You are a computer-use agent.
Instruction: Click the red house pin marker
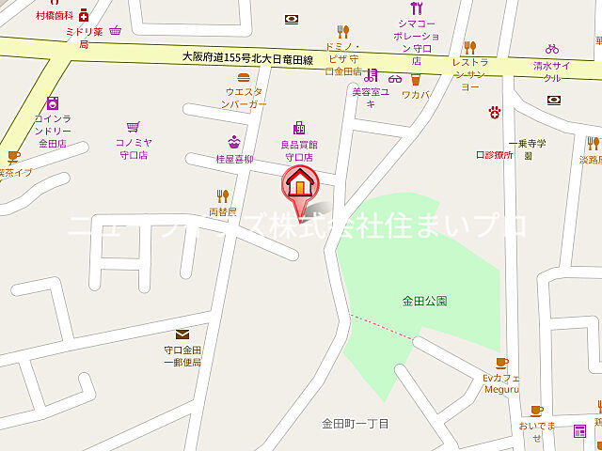(300, 188)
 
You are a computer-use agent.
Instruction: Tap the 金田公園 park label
(424, 301)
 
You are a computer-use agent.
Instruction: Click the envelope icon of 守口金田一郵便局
(182, 334)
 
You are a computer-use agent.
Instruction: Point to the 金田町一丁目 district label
(355, 424)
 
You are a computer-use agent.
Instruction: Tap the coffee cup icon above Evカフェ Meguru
(501, 363)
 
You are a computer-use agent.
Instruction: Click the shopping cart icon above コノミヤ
(135, 126)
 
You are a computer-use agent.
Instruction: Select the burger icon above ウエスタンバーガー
(244, 77)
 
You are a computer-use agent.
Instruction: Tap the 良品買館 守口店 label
(299, 150)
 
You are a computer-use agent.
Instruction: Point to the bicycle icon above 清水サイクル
(552, 49)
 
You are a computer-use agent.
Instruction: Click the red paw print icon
(493, 112)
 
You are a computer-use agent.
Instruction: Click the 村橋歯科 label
(54, 15)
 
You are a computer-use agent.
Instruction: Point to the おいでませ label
(536, 431)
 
